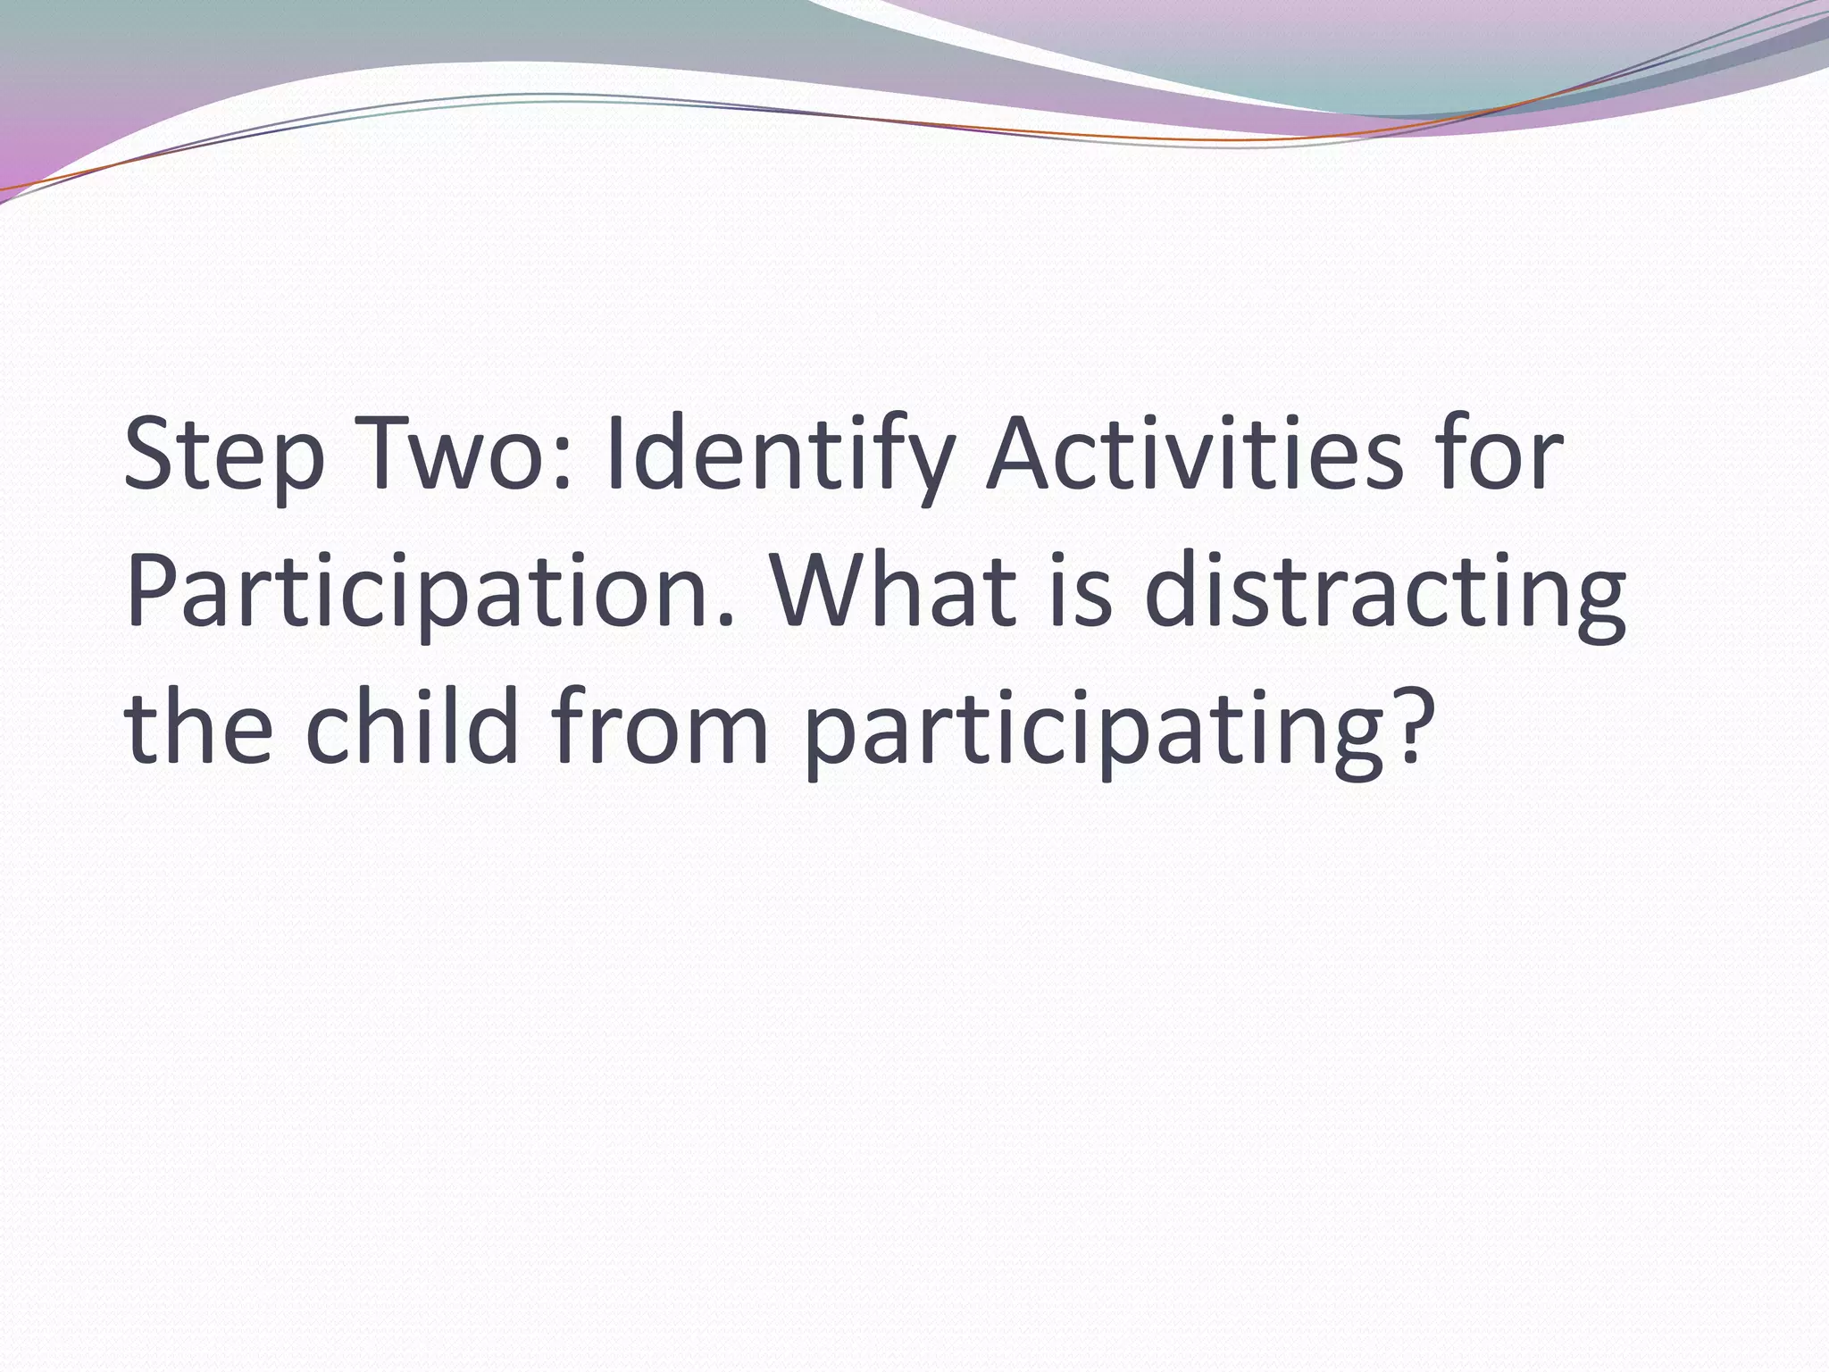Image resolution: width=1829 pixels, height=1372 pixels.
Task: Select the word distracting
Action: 1384,594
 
